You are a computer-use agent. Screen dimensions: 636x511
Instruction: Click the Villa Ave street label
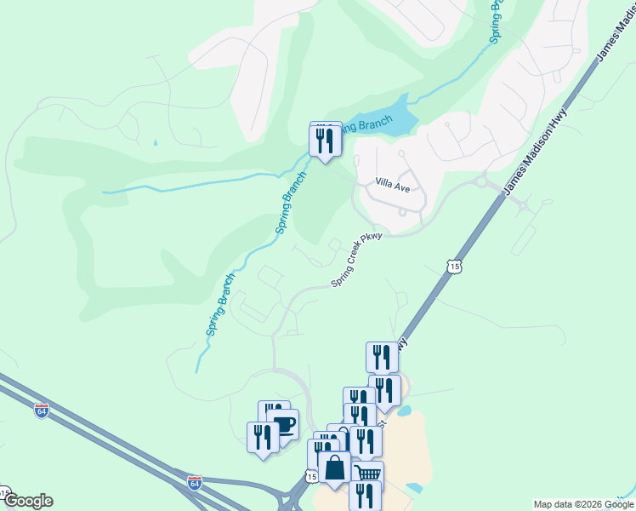click(x=394, y=183)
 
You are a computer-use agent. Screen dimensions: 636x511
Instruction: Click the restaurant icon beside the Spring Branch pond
click(x=325, y=140)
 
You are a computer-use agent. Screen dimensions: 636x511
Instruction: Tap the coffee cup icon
click(x=283, y=423)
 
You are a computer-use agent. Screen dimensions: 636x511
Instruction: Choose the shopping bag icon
click(x=335, y=468)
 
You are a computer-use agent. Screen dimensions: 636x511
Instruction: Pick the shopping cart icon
click(x=367, y=474)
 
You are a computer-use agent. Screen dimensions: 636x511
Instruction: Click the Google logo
click(x=27, y=501)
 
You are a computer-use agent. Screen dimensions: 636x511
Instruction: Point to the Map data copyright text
click(x=584, y=504)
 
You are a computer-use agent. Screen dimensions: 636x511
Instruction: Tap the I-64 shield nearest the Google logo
click(x=42, y=411)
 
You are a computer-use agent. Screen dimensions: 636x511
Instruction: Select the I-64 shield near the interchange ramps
click(x=194, y=483)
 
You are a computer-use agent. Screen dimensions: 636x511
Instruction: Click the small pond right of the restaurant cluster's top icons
click(x=405, y=411)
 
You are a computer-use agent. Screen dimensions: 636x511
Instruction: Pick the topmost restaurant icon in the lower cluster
click(x=382, y=357)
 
